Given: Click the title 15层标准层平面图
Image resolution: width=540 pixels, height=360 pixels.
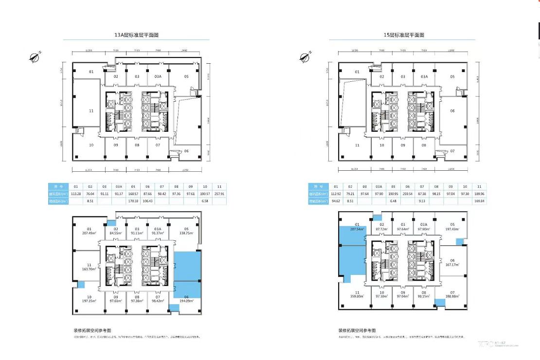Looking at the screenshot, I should [x=404, y=35].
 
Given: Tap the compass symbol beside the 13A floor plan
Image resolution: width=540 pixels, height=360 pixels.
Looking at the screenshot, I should [x=34, y=57].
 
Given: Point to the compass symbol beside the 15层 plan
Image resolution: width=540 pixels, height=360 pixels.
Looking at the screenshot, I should [x=305, y=57].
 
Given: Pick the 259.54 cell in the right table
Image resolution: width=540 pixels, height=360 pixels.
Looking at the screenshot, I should [x=408, y=194].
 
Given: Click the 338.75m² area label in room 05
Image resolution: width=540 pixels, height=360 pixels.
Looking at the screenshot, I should [x=186, y=233].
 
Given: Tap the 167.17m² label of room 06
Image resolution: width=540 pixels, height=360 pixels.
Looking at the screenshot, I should [x=452, y=265].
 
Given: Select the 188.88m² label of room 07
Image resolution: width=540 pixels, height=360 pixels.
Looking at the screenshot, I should [x=452, y=296].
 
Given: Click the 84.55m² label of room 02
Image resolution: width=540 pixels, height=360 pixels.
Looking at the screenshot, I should [x=116, y=233].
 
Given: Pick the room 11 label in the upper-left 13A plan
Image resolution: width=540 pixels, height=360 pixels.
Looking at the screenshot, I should [x=91, y=111].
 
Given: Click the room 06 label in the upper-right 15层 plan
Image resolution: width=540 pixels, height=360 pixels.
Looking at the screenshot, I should [x=452, y=111].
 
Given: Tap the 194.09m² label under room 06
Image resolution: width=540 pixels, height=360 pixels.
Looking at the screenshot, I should [x=186, y=301].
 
